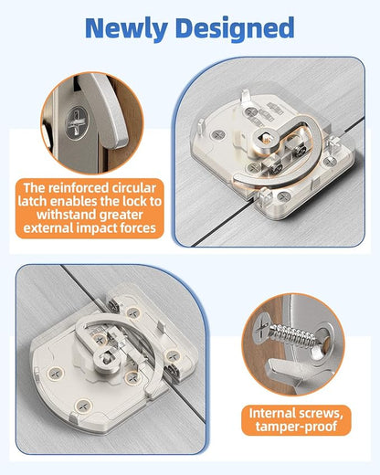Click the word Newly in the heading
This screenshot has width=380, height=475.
point(126,28)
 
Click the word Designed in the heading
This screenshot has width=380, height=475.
point(235,29)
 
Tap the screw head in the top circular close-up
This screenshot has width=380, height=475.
point(78,122)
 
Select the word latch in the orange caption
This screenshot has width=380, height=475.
point(33,202)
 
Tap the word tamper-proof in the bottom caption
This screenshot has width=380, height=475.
point(296,426)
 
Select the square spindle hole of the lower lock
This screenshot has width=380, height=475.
point(106,358)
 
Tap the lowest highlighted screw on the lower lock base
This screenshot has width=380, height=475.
point(83,406)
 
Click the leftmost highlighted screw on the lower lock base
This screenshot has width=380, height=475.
point(56,374)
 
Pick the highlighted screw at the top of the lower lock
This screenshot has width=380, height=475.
point(133,312)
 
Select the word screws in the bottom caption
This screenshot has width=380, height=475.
point(321,414)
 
